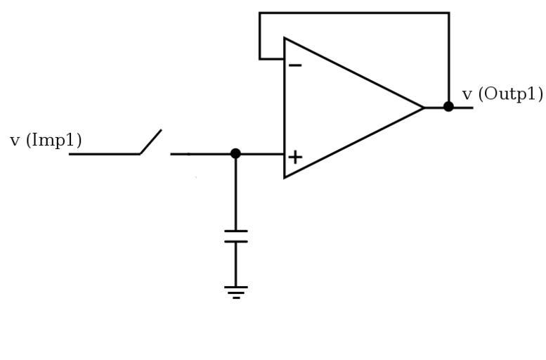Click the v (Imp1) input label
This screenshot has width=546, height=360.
pos(46,141)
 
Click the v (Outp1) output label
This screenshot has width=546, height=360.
pos(502,94)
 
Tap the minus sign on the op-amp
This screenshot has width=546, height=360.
pos(295,66)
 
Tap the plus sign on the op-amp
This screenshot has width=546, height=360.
pos(295,157)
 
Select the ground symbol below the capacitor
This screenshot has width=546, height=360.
pos(235,291)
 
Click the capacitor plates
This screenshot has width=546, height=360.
pos(235,236)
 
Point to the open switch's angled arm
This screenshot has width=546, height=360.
pos(151,141)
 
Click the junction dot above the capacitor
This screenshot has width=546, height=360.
pos(235,153)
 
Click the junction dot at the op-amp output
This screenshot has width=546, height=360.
pos(448,107)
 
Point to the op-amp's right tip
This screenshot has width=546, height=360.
pos(423,108)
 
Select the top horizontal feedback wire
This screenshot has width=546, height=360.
pos(354,13)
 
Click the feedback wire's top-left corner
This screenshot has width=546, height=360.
pos(260,13)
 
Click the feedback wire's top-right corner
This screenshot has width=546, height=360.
pos(448,13)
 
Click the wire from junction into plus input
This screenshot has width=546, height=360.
pos(260,153)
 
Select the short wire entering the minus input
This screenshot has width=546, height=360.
pos(272,58)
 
